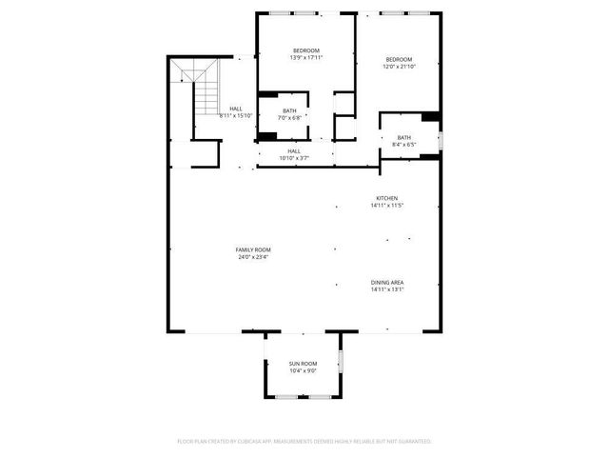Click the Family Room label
pos(253,249)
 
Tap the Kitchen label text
pos(385,198)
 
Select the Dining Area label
pos(387,283)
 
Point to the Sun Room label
pos(304,364)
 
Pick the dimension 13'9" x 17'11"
pos(305,58)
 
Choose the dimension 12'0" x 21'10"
pos(399,66)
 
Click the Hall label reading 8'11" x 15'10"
pos(236,115)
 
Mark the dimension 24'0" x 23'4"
pos(253,257)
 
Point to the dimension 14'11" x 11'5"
pos(387,206)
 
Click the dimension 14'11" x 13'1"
pos(387,290)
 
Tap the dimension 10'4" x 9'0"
pos(304,371)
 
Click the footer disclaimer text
pos(304,442)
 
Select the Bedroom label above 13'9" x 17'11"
pos(305,50)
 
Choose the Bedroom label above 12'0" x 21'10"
pos(399,58)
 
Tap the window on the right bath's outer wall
pos(441,138)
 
